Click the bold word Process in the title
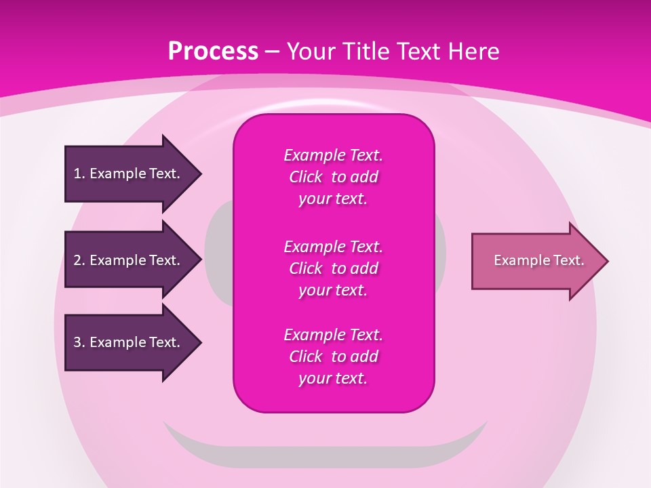[x=213, y=52]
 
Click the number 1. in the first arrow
[x=79, y=174]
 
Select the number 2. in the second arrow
[x=79, y=260]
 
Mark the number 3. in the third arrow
[x=79, y=342]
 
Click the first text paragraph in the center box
[x=333, y=177]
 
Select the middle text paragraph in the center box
[x=333, y=268]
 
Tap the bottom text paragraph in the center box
[x=333, y=357]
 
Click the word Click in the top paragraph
[x=305, y=177]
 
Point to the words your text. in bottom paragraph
[x=333, y=378]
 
